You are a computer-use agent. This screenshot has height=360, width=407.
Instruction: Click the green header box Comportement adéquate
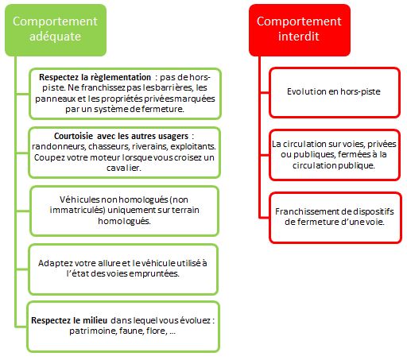56,30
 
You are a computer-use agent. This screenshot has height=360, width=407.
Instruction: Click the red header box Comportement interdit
300,30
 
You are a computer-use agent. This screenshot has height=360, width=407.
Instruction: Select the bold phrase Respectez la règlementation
95,77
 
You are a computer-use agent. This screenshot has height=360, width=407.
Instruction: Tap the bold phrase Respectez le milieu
69,320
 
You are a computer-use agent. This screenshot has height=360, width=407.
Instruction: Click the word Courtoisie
73,136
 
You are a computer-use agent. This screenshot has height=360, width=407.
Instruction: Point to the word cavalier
124,168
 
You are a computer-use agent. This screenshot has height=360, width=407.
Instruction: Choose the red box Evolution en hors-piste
335,92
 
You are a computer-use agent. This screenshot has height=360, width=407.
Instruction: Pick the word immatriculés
77,210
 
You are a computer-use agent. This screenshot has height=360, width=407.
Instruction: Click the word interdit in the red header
299,37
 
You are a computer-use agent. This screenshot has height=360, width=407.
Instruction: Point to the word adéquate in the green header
55,37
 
